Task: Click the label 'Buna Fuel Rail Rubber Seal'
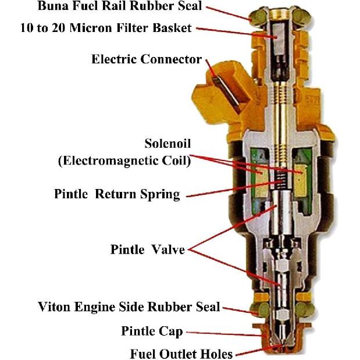pyautogui.click(x=120, y=6)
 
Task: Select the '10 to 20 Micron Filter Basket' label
pyautogui.click(x=106, y=28)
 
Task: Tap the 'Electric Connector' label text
pyautogui.click(x=147, y=59)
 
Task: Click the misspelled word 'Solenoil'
pyautogui.click(x=167, y=144)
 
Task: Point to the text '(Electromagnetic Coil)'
pyautogui.click(x=124, y=161)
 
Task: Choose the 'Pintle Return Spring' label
pyautogui.click(x=117, y=194)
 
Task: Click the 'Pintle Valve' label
pyautogui.click(x=148, y=249)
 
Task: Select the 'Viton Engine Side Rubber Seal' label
pyautogui.click(x=129, y=306)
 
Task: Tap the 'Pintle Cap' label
pyautogui.click(x=152, y=331)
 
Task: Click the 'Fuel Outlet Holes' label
pyautogui.click(x=181, y=354)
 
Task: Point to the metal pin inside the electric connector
pyautogui.click(x=226, y=94)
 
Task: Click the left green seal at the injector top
pyautogui.click(x=258, y=17)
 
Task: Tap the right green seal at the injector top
pyautogui.click(x=301, y=16)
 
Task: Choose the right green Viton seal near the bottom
pyautogui.click(x=304, y=310)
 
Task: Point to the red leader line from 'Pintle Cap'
pyautogui.click(x=224, y=334)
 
